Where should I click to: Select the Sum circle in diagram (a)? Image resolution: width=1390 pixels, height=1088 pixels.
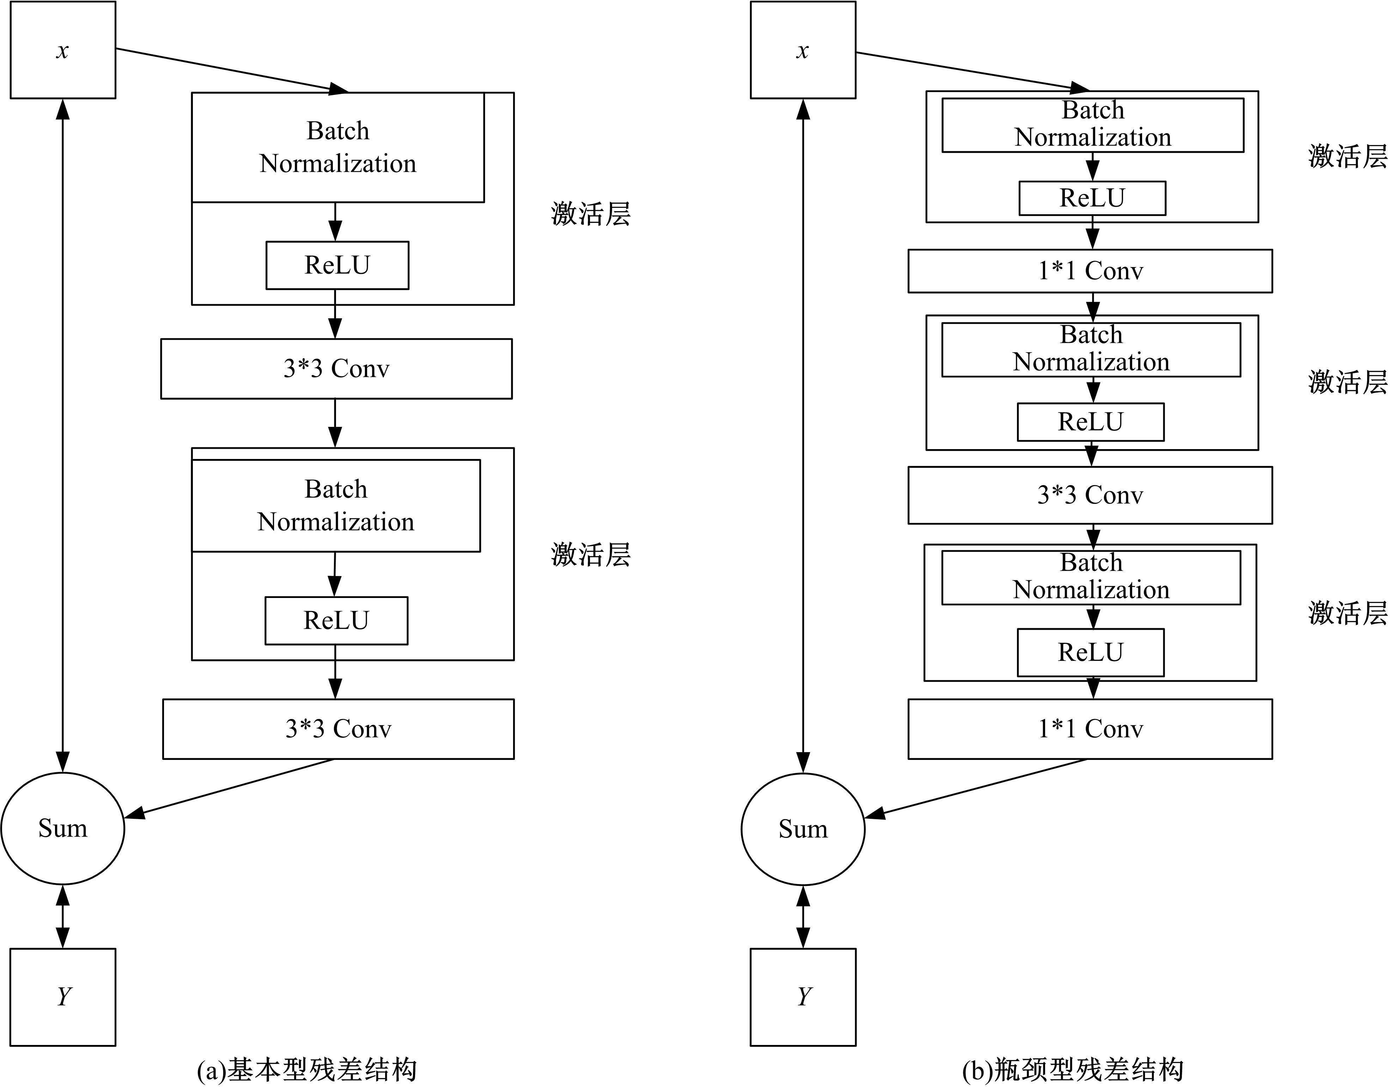pyautogui.click(x=62, y=828)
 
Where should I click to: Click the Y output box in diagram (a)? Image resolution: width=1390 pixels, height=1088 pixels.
pyautogui.click(x=62, y=997)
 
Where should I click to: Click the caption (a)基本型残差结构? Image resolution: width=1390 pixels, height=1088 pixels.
pyautogui.click(x=307, y=1070)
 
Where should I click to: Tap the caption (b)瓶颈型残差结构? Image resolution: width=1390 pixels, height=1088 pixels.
pyautogui.click(x=1073, y=1070)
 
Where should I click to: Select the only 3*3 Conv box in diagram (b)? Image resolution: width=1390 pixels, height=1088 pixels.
pyautogui.click(x=1090, y=495)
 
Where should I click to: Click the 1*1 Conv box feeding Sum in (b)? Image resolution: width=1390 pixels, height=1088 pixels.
pyautogui.click(x=1090, y=729)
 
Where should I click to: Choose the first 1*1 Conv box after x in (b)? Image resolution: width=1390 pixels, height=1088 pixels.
pyautogui.click(x=1090, y=271)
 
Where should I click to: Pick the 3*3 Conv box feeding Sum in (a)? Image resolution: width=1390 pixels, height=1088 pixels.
pyautogui.click(x=338, y=729)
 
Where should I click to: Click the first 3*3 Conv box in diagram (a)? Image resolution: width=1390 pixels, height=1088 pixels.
pyautogui.click(x=336, y=368)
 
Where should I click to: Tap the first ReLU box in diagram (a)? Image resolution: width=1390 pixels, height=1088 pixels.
pyautogui.click(x=337, y=265)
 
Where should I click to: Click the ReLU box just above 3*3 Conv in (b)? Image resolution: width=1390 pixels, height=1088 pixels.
pyautogui.click(x=1090, y=422)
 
